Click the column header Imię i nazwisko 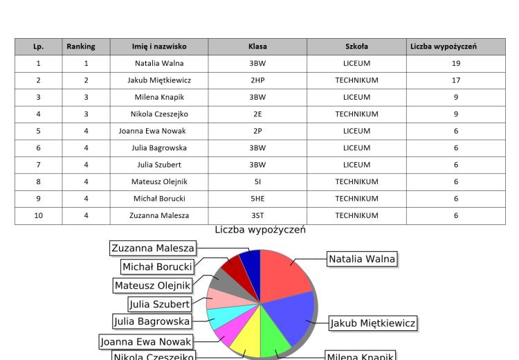159,46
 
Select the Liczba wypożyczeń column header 443,46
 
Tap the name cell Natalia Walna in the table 159,64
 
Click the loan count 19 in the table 456,64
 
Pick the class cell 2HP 257,80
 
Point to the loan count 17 456,80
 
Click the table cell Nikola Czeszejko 159,114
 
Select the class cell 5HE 257,199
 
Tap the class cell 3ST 257,215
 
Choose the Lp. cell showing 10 38,215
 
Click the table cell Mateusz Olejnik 159,181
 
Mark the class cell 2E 257,114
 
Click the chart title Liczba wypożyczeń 260,230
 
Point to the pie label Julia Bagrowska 152,321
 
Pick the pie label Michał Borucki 157,267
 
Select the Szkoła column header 356,46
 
